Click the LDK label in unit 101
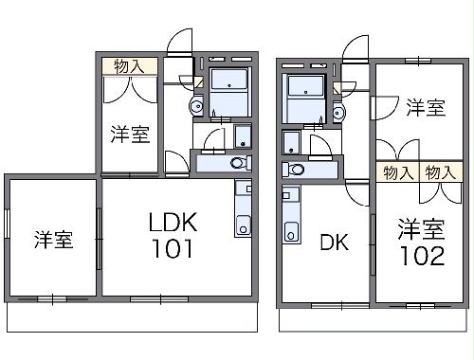172,224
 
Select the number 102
422,256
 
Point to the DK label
332,243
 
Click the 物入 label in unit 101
129,66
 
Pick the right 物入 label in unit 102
438,172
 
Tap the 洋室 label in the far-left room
54,240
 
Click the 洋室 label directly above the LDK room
130,134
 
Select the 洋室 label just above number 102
421,228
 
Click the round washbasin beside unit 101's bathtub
196,105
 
